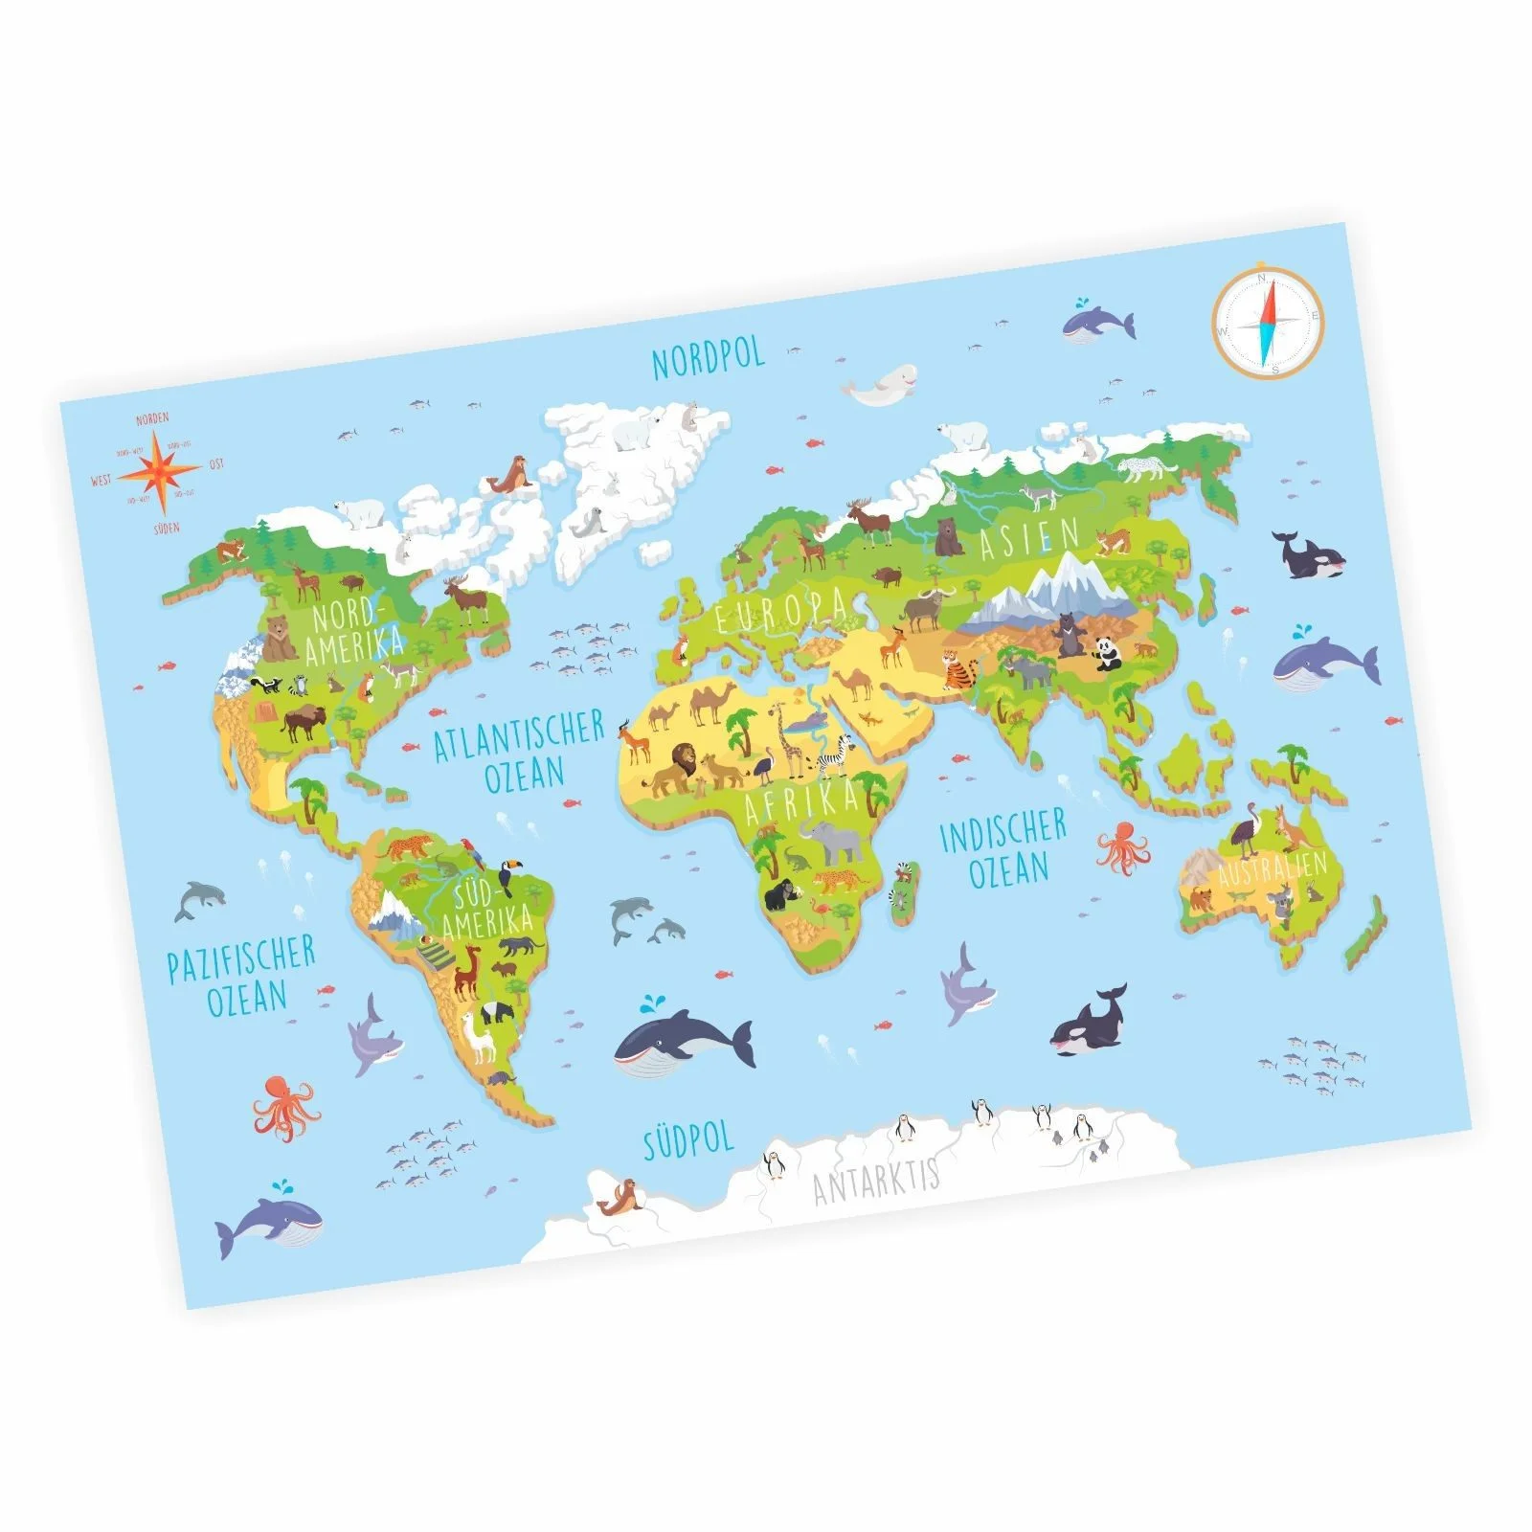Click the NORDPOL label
[x=709, y=358]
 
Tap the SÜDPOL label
[x=687, y=1140]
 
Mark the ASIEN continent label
[x=1029, y=538]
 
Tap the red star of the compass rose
[x=162, y=471]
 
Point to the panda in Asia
[x=1109, y=653]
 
